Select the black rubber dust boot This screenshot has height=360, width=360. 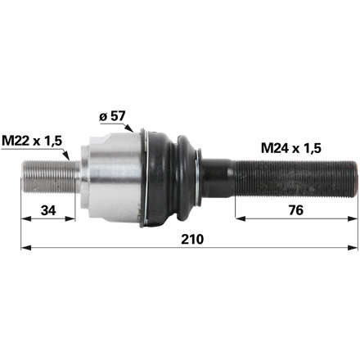(172, 176)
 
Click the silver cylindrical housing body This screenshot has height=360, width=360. (110, 176)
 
